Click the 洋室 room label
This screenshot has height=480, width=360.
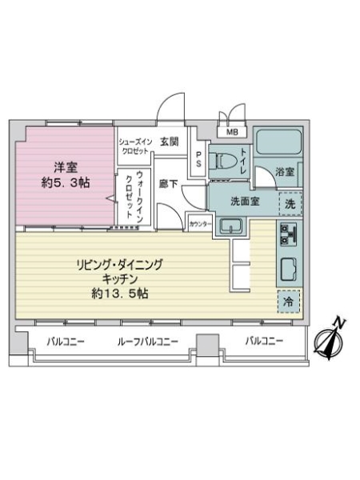[66, 167]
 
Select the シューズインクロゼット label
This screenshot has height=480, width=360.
[134, 146]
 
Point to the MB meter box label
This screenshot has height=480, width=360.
[232, 132]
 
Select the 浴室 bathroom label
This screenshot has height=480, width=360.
[286, 171]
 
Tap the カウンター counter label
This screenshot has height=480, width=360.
[201, 225]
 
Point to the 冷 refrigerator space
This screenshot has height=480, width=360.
[288, 302]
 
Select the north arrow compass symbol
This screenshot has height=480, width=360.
[330, 340]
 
